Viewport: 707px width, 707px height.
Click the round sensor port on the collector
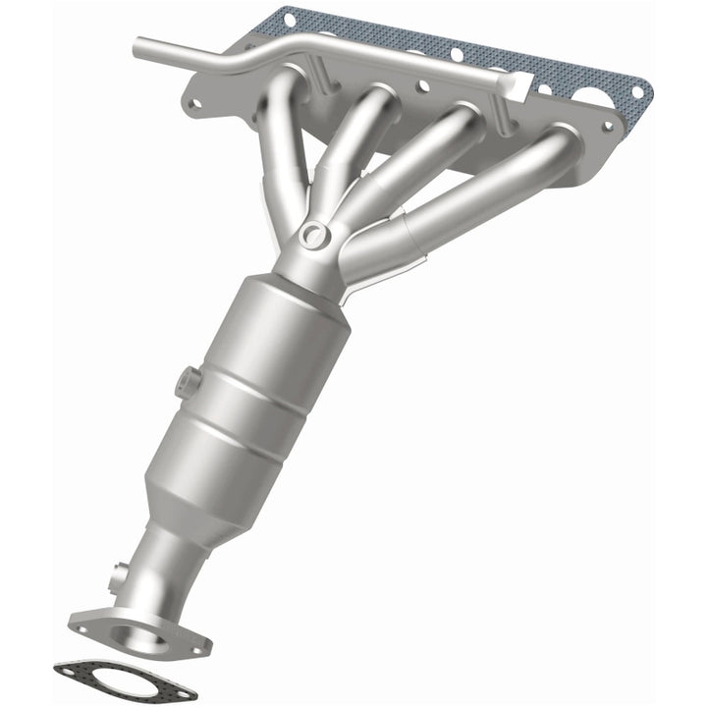pyautogui.click(x=313, y=234)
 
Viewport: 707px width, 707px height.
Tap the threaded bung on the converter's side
pyautogui.click(x=186, y=381)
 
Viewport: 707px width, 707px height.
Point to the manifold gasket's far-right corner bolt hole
pyautogui.click(x=638, y=92)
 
